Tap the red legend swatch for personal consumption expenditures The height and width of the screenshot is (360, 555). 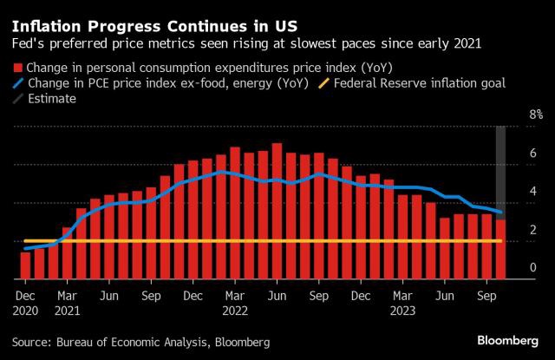17,68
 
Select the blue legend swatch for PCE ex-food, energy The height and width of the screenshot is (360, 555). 17,83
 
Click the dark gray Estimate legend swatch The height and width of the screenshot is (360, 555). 17,99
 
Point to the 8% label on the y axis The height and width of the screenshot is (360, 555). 512,115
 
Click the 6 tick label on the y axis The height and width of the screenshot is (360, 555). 508,154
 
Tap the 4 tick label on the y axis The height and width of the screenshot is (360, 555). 508,192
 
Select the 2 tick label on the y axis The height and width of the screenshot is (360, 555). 508,230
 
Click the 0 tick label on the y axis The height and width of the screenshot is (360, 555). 508,268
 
